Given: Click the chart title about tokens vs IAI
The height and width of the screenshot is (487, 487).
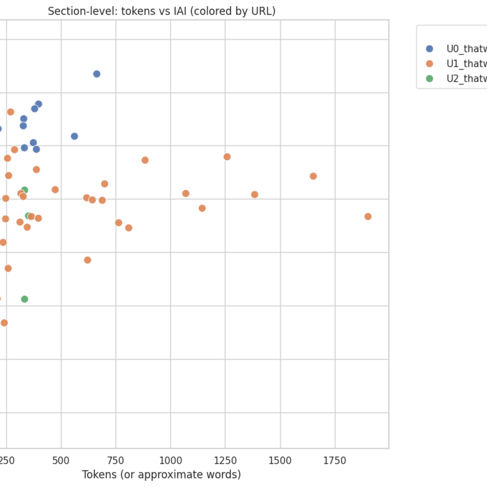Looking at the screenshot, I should [162, 11].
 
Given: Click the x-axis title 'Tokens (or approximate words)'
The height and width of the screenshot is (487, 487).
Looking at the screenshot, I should [161, 475].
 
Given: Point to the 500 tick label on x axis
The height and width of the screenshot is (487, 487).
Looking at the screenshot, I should [61, 460].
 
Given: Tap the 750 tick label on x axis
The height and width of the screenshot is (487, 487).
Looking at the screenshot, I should [116, 460].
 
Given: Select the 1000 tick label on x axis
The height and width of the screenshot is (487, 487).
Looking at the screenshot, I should [170, 460].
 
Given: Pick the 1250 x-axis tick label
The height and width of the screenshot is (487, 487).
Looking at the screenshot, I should [225, 460].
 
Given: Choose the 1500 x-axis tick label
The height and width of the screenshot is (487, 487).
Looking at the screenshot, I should [280, 460].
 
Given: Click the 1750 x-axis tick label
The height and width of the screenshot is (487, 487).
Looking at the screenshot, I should [335, 460].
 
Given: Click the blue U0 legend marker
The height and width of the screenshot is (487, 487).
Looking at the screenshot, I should [429, 49].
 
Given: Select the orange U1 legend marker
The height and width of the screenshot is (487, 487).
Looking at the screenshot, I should [429, 64].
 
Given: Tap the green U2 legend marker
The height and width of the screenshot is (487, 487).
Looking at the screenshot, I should [429, 79].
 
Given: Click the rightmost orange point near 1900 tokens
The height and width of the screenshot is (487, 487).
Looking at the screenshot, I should [368, 216].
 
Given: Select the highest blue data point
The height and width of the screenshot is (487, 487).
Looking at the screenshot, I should [97, 74].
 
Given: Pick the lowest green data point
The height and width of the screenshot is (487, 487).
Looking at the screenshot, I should [24, 299].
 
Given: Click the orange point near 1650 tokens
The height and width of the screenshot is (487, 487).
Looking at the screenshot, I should [313, 176].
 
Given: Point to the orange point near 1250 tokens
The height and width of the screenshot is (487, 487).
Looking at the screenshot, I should [227, 157].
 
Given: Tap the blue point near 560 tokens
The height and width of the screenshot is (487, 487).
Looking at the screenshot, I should [74, 136].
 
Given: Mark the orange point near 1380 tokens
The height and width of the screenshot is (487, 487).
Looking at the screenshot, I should [254, 195].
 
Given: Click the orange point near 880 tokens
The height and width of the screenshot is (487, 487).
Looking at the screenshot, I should [145, 160].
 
